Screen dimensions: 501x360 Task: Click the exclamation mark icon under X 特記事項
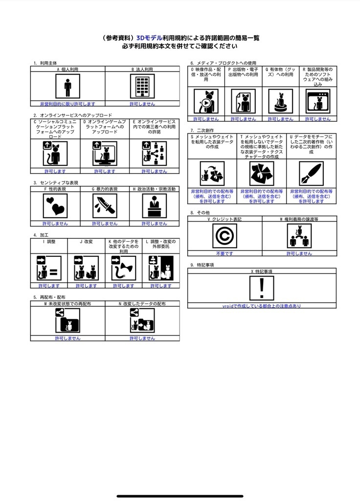click(262, 288)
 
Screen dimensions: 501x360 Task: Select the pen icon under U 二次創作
click(312, 173)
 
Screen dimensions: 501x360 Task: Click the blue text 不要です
click(225, 253)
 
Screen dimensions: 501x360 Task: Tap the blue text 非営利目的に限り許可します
click(67, 104)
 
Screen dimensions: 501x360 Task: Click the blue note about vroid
click(262, 306)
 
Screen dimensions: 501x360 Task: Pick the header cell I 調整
click(49, 242)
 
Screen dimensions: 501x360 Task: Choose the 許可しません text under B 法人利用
click(142, 104)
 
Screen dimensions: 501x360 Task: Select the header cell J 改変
click(86, 242)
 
